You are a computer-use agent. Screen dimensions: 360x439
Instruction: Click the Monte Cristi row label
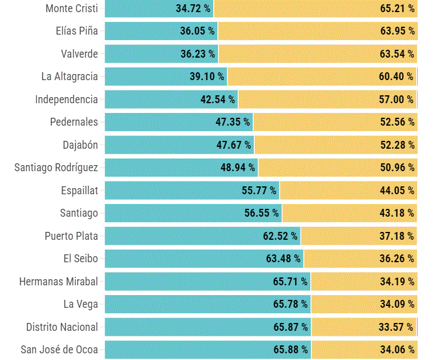click(72, 8)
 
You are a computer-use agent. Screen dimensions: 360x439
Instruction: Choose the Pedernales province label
click(73, 122)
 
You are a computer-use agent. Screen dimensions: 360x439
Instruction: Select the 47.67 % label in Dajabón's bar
click(233, 145)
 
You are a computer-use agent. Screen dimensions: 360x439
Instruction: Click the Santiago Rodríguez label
click(56, 168)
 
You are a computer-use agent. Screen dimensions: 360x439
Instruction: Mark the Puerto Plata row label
click(71, 236)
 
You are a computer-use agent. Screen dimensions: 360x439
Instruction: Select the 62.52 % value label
click(280, 236)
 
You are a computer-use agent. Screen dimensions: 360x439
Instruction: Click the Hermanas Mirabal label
click(58, 282)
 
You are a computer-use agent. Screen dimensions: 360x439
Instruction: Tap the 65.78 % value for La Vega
click(291, 304)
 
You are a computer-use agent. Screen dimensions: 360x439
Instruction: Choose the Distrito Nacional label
click(62, 327)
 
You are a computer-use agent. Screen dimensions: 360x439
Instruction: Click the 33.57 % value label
click(396, 327)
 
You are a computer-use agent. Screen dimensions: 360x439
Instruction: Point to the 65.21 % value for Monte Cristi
click(397, 8)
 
